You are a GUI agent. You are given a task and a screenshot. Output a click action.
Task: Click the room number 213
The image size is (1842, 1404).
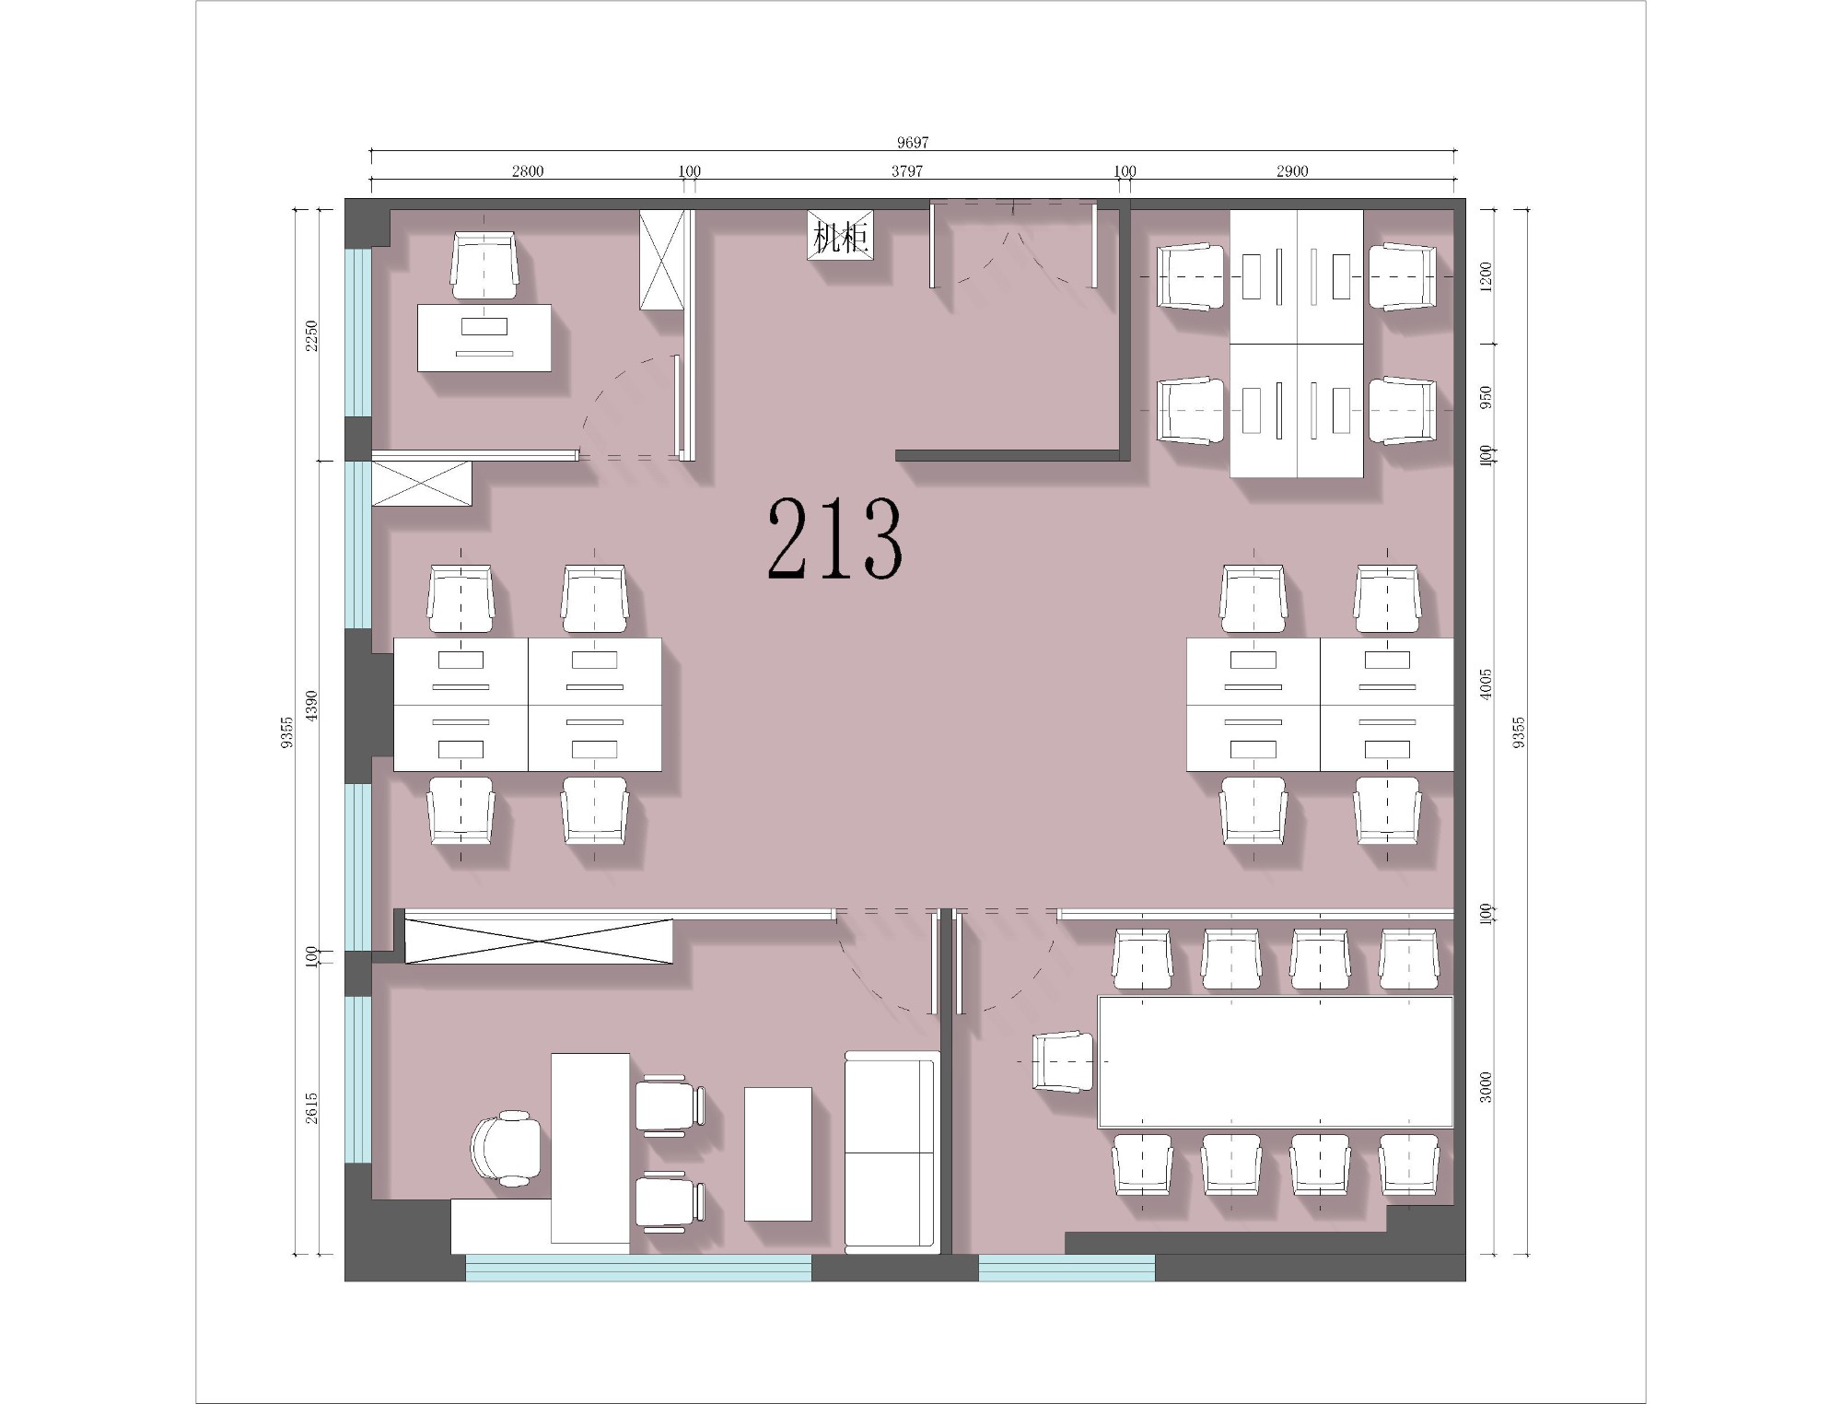point(834,539)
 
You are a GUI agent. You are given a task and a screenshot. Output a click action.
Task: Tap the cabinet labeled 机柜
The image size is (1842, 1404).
point(840,236)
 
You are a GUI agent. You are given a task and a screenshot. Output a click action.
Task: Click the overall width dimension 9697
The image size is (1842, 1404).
point(913,142)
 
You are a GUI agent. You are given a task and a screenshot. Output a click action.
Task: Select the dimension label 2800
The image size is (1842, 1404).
point(528,170)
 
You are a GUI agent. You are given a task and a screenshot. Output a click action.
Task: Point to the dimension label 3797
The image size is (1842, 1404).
point(907,170)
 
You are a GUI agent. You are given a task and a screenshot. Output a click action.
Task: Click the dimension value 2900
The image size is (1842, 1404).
point(1292,170)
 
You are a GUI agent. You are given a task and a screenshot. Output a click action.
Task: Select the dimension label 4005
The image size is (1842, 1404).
point(1486,684)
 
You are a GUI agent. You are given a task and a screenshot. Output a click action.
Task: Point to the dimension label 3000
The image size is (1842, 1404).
point(1486,1087)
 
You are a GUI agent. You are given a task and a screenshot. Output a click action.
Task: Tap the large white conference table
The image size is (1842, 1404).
point(1276,1061)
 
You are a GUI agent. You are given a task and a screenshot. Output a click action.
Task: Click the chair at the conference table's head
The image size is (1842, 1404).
point(1064,1061)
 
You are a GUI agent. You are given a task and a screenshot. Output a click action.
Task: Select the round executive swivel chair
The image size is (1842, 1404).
point(506,1147)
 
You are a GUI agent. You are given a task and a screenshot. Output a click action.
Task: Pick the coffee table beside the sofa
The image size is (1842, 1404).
point(778,1154)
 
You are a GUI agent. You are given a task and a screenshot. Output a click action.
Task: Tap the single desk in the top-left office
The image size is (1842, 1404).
point(484,338)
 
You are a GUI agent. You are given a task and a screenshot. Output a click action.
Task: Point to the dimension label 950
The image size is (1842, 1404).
point(1486,397)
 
